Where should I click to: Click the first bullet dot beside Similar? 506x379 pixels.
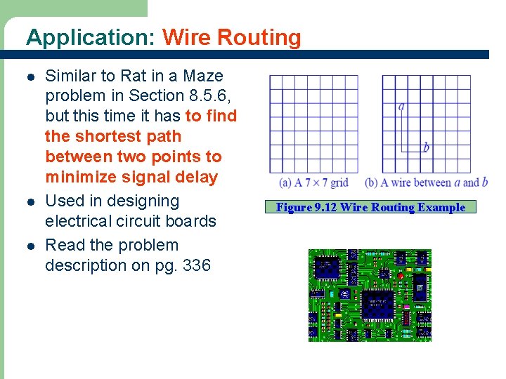pyautogui.click(x=29, y=77)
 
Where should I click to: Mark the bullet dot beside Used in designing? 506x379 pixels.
pyautogui.click(x=29, y=201)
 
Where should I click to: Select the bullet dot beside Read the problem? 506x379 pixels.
pyautogui.click(x=29, y=246)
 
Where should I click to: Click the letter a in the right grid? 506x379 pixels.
pyautogui.click(x=401, y=107)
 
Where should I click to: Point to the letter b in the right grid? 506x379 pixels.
pyautogui.click(x=426, y=148)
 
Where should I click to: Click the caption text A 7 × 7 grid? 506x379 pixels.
pyautogui.click(x=313, y=182)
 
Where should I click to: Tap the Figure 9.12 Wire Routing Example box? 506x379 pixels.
pyautogui.click(x=370, y=207)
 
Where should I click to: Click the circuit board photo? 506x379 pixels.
pyautogui.click(x=370, y=295)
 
